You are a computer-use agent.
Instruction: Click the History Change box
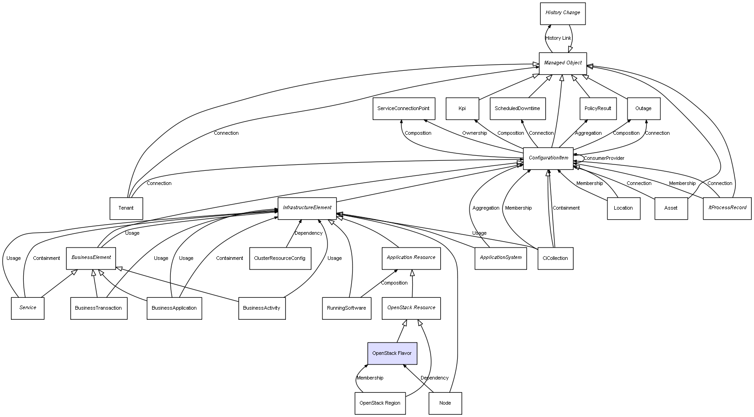click(x=562, y=13)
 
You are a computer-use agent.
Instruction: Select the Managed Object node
click(x=562, y=63)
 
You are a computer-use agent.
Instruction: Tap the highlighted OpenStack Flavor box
click(x=392, y=354)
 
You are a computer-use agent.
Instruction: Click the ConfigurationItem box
click(x=548, y=158)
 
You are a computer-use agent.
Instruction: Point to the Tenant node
click(x=126, y=208)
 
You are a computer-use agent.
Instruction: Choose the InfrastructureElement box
click(x=307, y=208)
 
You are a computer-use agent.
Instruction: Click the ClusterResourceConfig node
click(x=280, y=259)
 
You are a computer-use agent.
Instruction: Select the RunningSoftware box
click(x=346, y=308)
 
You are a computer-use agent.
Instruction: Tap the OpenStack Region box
click(x=380, y=403)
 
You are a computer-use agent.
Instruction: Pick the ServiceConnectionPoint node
click(x=403, y=109)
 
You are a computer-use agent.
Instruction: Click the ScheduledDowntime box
click(x=517, y=109)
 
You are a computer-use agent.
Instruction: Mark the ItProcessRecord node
click(x=727, y=208)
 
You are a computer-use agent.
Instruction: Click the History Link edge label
click(x=558, y=38)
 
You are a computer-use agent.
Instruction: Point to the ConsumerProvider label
click(x=604, y=158)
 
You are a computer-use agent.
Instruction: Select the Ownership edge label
click(x=474, y=133)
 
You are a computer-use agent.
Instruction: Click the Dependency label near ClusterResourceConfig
click(x=308, y=233)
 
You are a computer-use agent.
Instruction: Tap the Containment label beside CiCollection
click(x=566, y=208)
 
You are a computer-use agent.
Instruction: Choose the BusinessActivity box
click(x=262, y=308)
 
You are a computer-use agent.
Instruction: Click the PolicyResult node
click(x=597, y=109)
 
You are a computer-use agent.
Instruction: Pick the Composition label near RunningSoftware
click(x=394, y=283)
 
